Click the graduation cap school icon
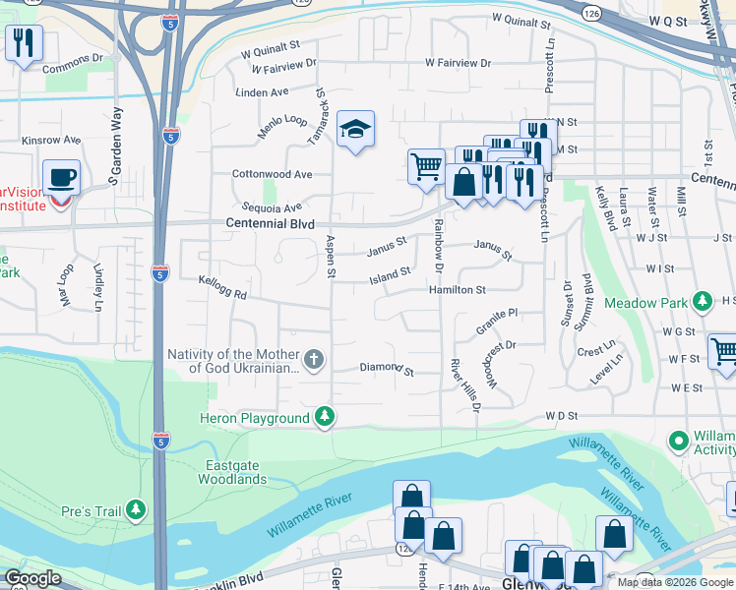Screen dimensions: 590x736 tap(355, 129)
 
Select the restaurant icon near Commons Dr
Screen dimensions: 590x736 tap(23, 42)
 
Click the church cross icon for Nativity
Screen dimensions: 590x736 tap(314, 359)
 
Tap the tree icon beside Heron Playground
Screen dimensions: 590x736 tap(325, 418)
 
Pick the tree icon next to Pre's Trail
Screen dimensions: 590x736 tap(135, 509)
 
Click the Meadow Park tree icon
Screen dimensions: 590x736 tap(703, 301)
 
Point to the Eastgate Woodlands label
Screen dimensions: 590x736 tap(235, 472)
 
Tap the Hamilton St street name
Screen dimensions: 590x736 tap(457, 290)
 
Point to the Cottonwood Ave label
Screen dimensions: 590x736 tap(272, 174)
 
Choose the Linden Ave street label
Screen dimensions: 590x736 tap(262, 92)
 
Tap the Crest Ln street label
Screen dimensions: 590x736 tap(596, 351)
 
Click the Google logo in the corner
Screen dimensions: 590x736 tap(32, 578)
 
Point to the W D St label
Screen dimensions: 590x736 tap(559, 417)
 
